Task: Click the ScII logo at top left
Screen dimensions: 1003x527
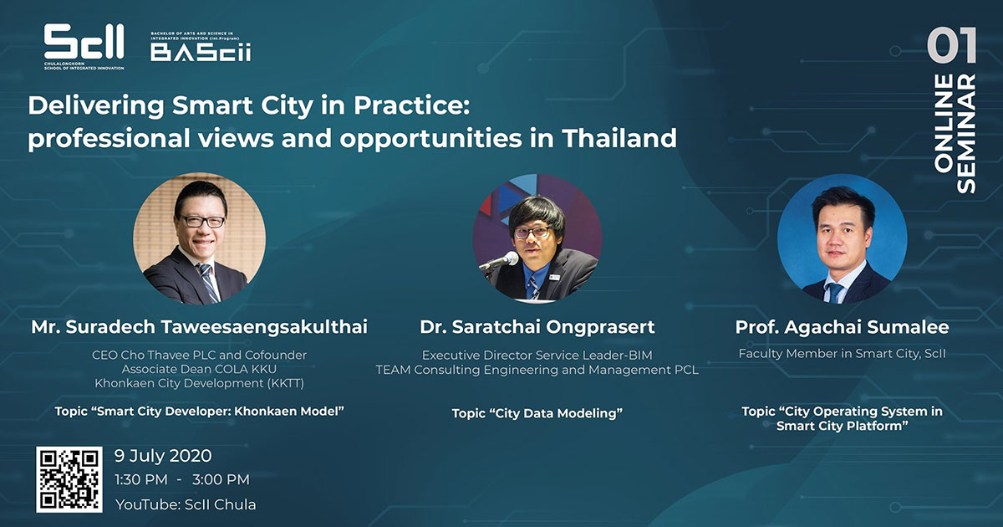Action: [x=84, y=47]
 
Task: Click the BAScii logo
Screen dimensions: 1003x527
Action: [x=201, y=47]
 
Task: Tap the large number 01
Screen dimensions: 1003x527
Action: [x=951, y=45]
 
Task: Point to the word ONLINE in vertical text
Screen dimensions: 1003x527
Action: [x=944, y=123]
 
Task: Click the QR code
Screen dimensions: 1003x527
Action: [x=69, y=479]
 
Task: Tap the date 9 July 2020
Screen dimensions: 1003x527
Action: [x=163, y=456]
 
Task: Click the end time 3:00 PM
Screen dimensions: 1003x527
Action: [x=221, y=479]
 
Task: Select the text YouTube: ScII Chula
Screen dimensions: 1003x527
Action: [x=186, y=504]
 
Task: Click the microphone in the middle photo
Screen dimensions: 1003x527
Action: [x=500, y=261]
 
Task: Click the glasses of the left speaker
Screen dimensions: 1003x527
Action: [x=202, y=221]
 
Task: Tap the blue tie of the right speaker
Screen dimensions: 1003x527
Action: [x=835, y=292]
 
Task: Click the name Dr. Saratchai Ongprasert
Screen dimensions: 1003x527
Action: [x=537, y=327]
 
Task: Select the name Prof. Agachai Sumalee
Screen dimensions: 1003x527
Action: [x=842, y=327]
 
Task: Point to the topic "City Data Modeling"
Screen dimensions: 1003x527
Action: [x=537, y=412]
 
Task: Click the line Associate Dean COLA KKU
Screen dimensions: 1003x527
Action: [x=199, y=369]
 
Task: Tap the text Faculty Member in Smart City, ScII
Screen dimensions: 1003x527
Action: [x=843, y=354]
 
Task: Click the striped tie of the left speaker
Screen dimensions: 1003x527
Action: [x=208, y=283]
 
